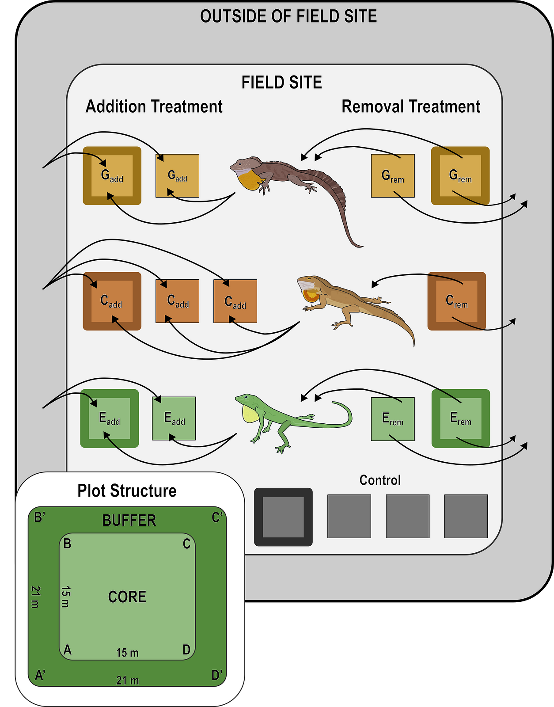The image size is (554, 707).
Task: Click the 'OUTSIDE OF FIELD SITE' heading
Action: tap(288, 16)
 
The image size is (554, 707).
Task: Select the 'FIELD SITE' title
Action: tap(281, 82)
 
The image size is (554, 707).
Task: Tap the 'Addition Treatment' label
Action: tap(154, 106)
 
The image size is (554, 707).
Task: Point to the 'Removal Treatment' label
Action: tap(410, 106)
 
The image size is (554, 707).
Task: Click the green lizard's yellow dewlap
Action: tap(250, 414)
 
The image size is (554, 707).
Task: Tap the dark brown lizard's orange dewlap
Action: tap(248, 181)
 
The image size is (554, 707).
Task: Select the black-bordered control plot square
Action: tap(283, 517)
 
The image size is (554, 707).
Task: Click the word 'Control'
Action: tap(380, 480)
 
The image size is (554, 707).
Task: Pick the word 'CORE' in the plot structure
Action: tap(127, 597)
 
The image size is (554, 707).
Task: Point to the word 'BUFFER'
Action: tap(129, 520)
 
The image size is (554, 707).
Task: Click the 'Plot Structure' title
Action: tap(127, 490)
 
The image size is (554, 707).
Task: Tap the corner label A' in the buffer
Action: tap(40, 675)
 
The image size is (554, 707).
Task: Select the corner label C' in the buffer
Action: tap(217, 517)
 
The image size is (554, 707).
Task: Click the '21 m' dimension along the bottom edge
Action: tap(128, 680)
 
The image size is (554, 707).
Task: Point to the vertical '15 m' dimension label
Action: tap(65, 597)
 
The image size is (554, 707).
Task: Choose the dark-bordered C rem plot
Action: tap(457, 301)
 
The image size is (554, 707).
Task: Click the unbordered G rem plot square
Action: tap(393, 176)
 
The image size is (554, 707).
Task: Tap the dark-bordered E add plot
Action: tap(110, 418)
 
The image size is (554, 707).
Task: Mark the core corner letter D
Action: tap(186, 650)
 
